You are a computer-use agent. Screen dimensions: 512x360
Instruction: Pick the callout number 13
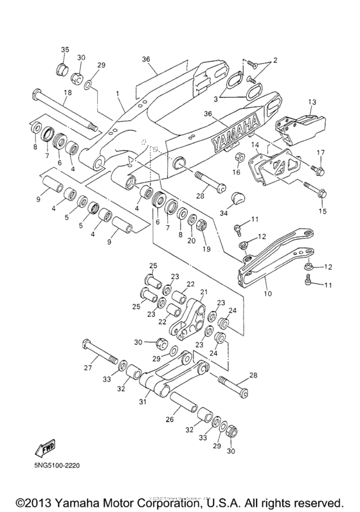[312, 102]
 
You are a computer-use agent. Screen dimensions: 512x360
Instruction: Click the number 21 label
[203, 292]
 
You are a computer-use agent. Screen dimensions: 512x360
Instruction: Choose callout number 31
[143, 402]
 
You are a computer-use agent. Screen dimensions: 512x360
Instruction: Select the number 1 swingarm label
[118, 93]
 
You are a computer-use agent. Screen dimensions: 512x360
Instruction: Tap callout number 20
[191, 241]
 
